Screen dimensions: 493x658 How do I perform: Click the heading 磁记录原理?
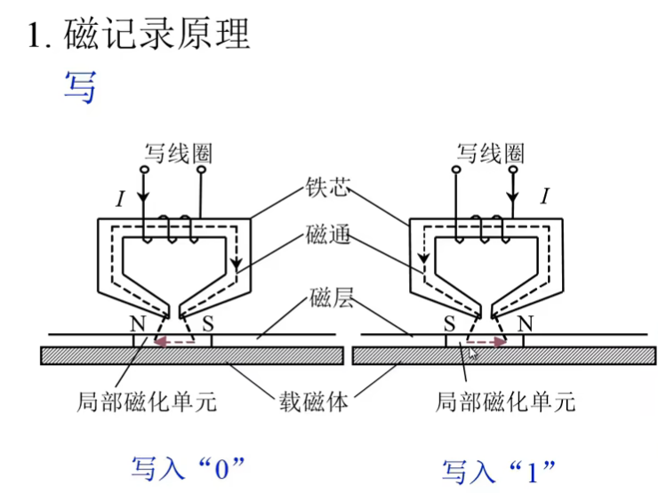(x=156, y=33)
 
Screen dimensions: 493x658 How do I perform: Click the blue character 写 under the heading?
(x=80, y=86)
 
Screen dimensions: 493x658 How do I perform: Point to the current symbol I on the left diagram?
(x=120, y=199)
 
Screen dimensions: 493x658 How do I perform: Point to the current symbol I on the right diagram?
(x=545, y=196)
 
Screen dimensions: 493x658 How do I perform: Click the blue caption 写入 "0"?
(x=187, y=465)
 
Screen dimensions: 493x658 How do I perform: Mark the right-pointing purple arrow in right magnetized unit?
(x=485, y=340)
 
